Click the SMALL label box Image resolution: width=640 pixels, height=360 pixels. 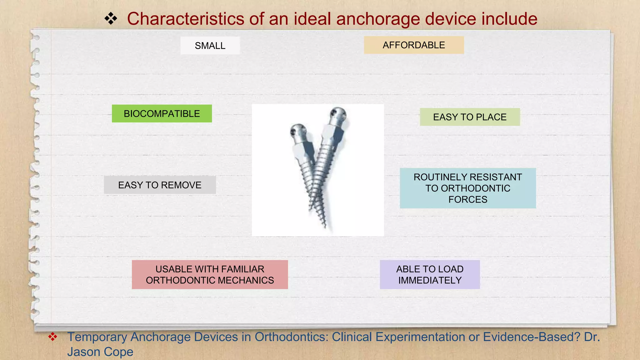point(210,46)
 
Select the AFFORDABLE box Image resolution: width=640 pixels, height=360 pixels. point(414,45)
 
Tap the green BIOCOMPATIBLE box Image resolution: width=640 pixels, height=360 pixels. point(162,113)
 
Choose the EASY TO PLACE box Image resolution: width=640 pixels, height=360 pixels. point(470,117)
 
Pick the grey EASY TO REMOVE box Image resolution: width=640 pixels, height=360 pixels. point(160,185)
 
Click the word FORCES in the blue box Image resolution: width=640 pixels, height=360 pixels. point(468,199)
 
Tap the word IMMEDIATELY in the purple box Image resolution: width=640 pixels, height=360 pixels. point(430,280)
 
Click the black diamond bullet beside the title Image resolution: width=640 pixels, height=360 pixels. point(111,19)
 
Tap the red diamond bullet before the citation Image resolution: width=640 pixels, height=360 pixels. point(52,337)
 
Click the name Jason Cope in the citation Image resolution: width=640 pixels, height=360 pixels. point(100,352)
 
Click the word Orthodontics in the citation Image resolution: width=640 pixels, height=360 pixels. point(291,337)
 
